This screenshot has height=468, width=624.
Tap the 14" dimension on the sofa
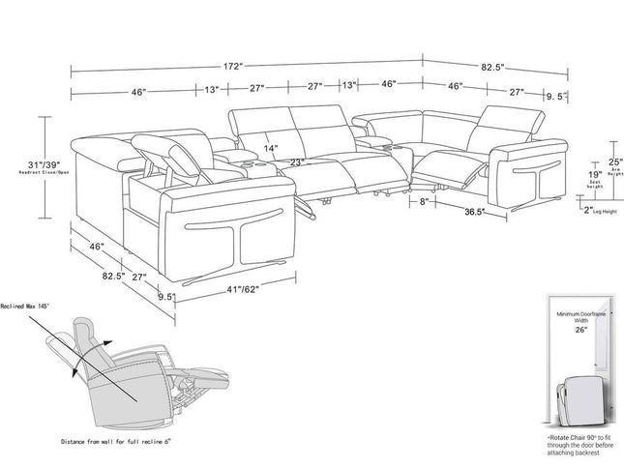click(269, 149)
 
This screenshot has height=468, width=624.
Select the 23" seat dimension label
click(296, 161)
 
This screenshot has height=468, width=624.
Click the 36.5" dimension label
click(473, 212)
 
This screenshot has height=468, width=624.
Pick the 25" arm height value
click(588, 161)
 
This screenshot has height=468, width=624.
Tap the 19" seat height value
click(569, 175)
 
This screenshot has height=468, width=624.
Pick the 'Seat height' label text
click(569, 186)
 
